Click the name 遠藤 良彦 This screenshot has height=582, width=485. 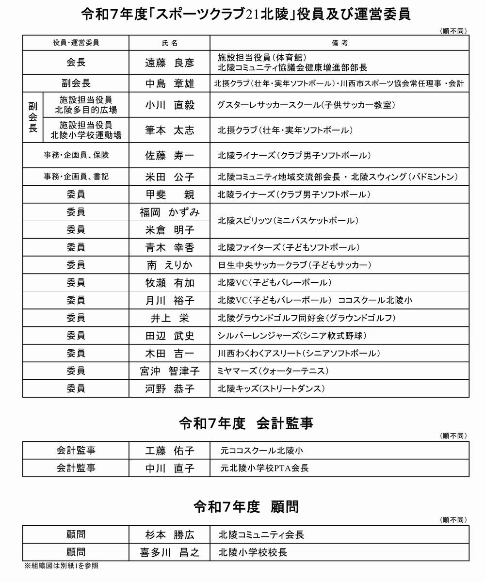[x=169, y=63]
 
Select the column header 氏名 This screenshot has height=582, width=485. [x=169, y=43]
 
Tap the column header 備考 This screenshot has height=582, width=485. [x=339, y=43]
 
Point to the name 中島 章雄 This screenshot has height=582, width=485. [x=169, y=83]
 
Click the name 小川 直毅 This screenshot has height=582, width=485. [x=169, y=105]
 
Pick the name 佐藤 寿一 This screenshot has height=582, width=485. [x=169, y=155]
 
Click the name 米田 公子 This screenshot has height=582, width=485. [x=169, y=177]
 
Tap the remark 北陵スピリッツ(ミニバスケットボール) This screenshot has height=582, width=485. [x=289, y=221]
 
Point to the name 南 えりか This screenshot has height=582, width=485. [x=169, y=265]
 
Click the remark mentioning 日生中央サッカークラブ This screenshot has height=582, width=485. [x=294, y=265]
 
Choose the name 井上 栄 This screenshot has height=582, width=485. [x=169, y=318]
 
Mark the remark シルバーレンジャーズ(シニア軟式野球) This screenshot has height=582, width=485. [x=292, y=336]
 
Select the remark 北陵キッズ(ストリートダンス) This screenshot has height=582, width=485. [x=271, y=388]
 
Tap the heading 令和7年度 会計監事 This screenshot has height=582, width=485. [x=246, y=423]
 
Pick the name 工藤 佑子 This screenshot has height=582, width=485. [x=169, y=451]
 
